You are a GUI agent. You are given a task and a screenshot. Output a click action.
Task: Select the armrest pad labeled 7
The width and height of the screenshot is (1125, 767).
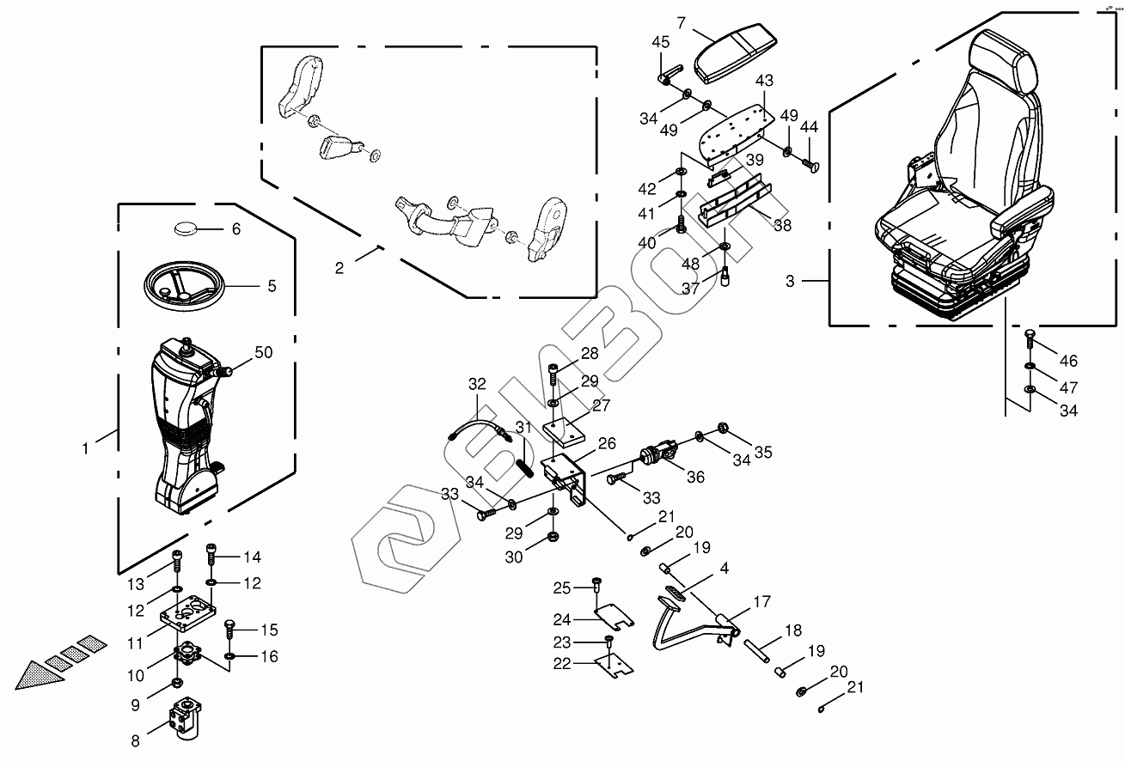click(x=736, y=54)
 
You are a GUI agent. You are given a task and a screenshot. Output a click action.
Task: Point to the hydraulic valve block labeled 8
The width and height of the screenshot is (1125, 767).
click(x=185, y=719)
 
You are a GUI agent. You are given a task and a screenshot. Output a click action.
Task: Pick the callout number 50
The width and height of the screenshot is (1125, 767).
click(x=264, y=352)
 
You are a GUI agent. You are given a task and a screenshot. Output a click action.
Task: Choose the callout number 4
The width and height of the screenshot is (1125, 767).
click(x=724, y=569)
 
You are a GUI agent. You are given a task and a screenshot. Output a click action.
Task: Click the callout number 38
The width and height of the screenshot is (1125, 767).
click(x=782, y=225)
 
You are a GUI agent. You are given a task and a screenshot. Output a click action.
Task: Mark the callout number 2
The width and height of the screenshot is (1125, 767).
click(x=339, y=268)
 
